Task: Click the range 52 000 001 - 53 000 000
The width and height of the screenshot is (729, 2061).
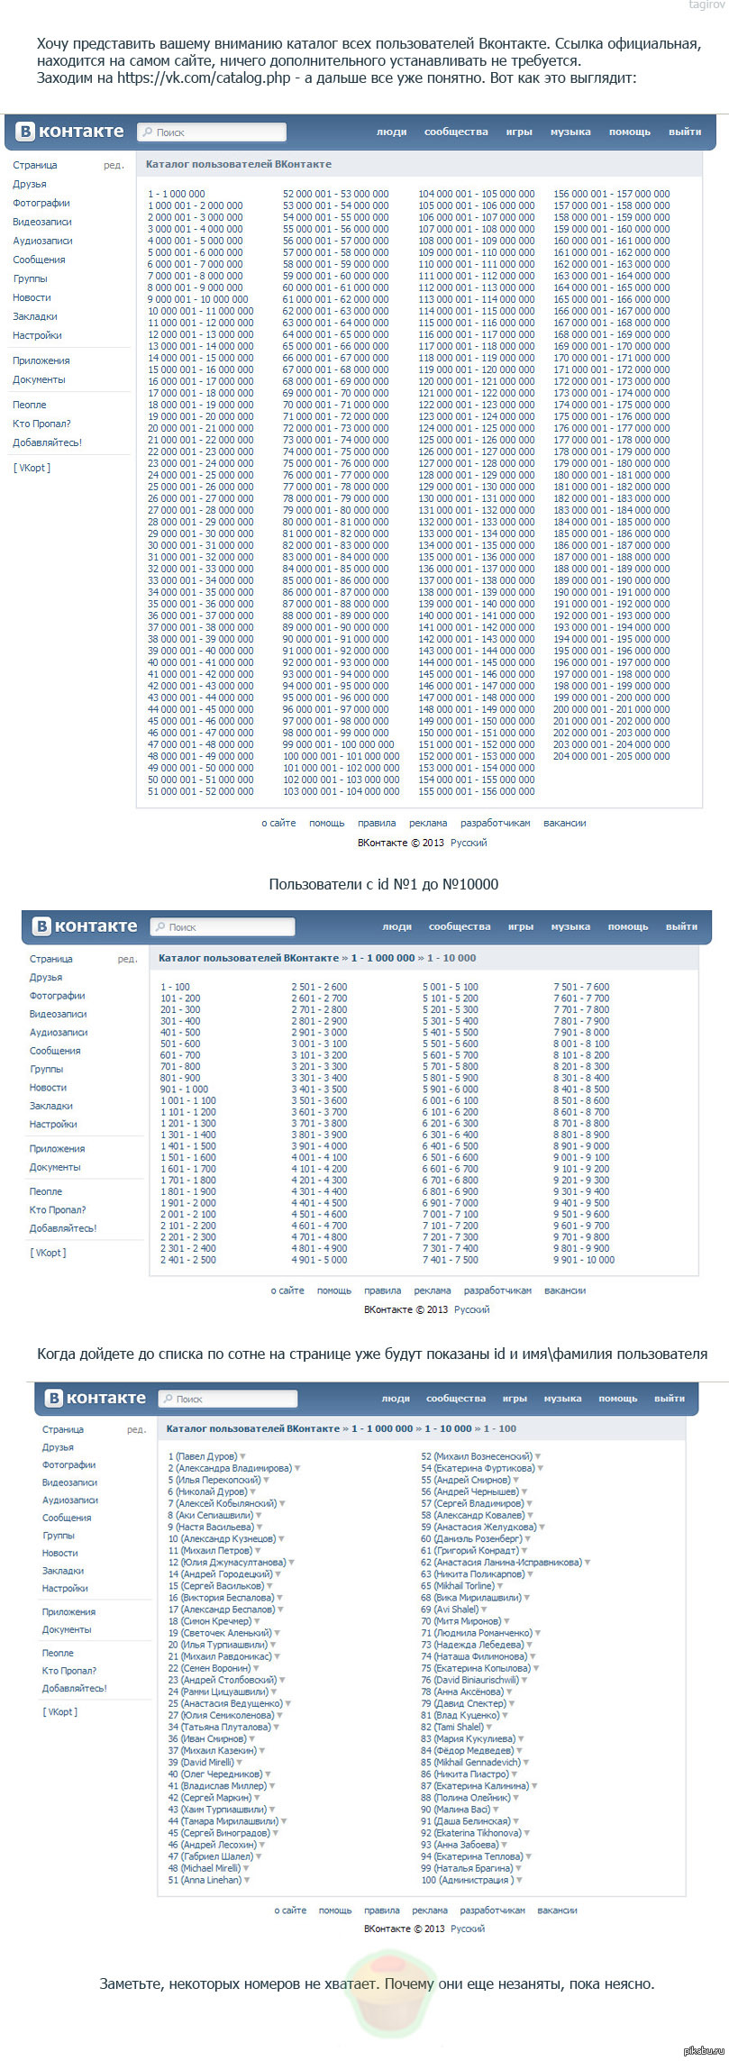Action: (x=335, y=194)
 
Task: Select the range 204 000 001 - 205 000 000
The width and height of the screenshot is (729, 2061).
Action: (x=611, y=756)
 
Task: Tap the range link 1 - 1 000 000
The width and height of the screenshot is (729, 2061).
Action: (x=177, y=194)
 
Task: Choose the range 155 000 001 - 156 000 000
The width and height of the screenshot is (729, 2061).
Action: (x=476, y=791)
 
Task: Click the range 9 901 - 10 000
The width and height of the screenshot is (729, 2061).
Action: (x=584, y=1260)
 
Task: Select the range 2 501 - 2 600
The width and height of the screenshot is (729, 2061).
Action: (x=319, y=987)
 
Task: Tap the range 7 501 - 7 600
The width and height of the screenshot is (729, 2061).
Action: (x=581, y=987)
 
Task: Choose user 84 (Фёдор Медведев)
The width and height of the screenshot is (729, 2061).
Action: (x=467, y=1750)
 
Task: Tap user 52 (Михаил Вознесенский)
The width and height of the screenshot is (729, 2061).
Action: (x=476, y=1456)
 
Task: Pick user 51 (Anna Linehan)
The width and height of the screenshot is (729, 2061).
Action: (x=205, y=1880)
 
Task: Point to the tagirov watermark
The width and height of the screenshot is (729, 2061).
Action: (x=706, y=5)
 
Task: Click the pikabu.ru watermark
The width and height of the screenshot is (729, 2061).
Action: (x=704, y=2050)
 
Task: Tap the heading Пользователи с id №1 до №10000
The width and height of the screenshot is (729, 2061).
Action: (x=383, y=884)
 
